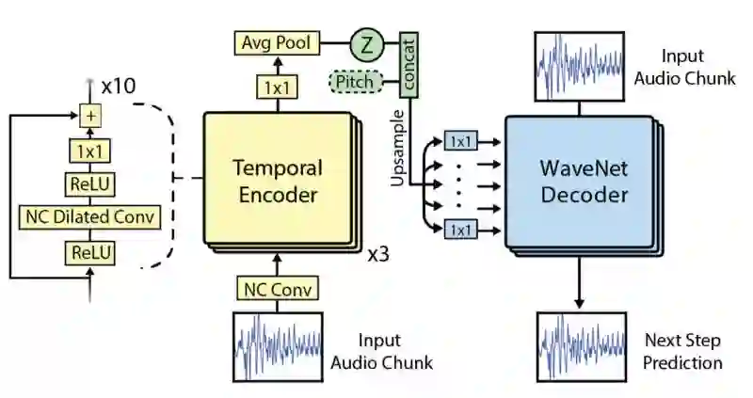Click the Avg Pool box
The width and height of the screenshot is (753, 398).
coord(277,42)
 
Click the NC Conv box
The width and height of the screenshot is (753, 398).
coord(278,289)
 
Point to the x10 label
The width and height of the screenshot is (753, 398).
coord(119,86)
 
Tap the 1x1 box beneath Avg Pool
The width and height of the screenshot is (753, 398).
coord(278,88)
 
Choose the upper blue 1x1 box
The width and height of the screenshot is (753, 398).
coord(461,142)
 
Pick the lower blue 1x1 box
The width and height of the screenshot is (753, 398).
coord(461,230)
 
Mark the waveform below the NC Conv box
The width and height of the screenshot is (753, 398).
coord(278,347)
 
